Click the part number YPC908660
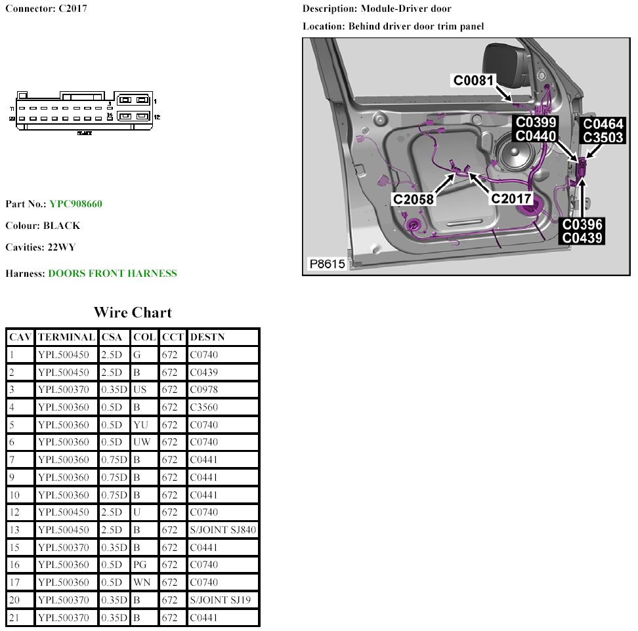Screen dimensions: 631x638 (x=75, y=204)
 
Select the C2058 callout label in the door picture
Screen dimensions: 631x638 (x=414, y=199)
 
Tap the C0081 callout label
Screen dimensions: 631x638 (x=475, y=80)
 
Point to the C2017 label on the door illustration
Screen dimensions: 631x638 (x=513, y=199)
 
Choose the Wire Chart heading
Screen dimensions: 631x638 (x=132, y=312)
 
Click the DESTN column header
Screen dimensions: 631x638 (x=207, y=337)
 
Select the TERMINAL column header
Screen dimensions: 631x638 (x=66, y=337)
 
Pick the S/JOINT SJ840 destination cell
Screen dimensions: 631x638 (x=223, y=530)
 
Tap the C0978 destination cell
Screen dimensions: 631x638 (x=203, y=390)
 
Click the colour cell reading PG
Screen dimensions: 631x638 (x=140, y=565)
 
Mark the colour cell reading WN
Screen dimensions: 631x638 (x=141, y=582)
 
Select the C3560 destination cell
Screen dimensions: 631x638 (x=203, y=407)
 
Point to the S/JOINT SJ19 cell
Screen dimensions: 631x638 (x=220, y=600)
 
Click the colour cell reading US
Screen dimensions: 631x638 (x=140, y=390)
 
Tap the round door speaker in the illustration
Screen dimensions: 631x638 (x=513, y=158)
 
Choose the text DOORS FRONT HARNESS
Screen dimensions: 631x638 (x=112, y=274)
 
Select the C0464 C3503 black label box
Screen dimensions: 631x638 (x=604, y=131)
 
